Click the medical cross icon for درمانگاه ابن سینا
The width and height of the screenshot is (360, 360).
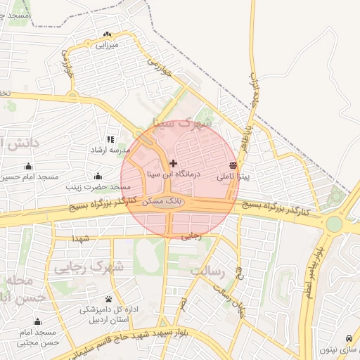pos(174,162)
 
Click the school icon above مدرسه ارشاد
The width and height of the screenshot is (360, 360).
pos(110,140)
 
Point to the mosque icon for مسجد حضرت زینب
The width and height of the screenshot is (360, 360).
pos(98,176)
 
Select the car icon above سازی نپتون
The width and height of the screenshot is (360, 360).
pos(350,339)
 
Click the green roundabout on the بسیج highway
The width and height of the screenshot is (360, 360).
pos(334,224)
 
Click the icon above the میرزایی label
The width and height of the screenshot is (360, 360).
pos(107,34)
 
